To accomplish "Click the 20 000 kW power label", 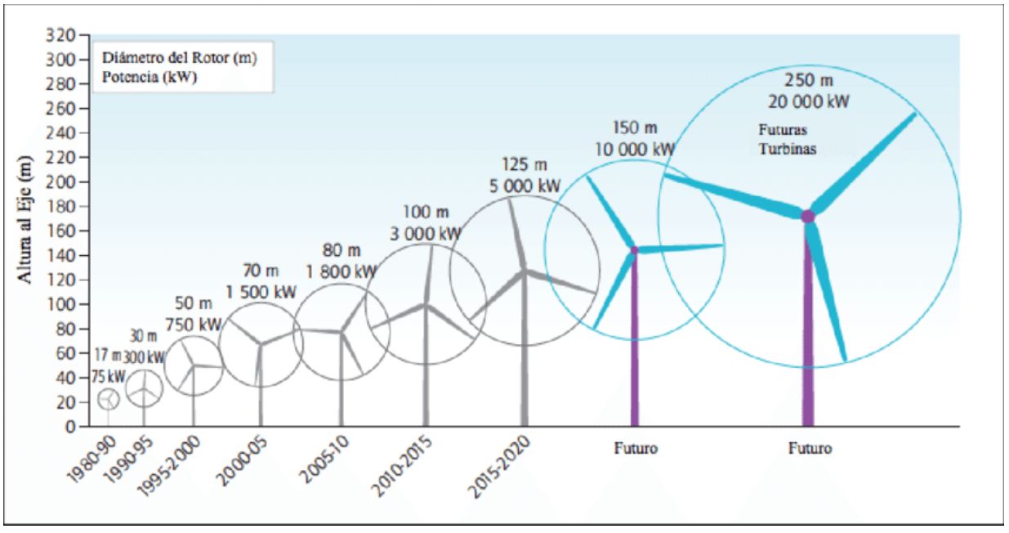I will tap(808, 102).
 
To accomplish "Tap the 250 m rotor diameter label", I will tap(808, 82).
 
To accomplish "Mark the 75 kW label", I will tap(107, 377).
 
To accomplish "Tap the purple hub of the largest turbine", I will tap(808, 216).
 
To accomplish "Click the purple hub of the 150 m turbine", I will tap(634, 249).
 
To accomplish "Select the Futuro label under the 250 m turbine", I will tap(810, 448).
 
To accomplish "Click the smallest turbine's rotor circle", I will tap(109, 399).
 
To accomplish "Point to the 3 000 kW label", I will tap(425, 233).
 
